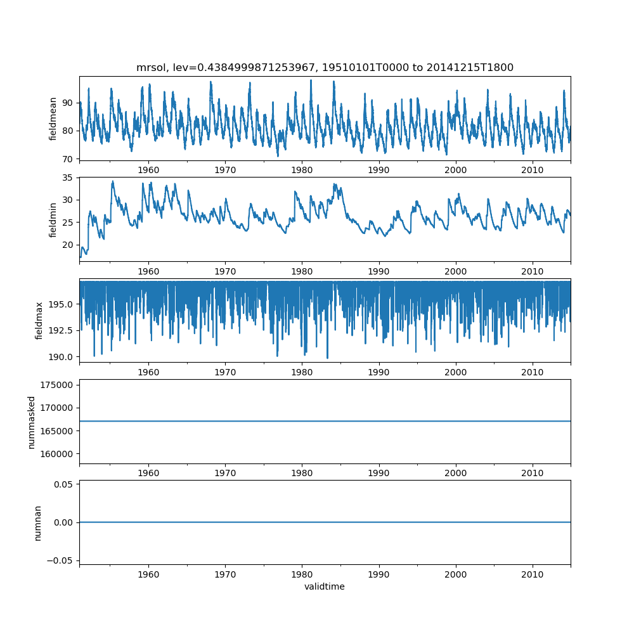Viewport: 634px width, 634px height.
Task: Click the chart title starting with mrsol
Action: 325,67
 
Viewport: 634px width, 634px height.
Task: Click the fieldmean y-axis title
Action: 53,119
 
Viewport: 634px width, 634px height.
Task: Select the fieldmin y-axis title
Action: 53,219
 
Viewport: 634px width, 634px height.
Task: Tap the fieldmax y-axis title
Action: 39,320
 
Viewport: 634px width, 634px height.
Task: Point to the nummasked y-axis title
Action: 31,422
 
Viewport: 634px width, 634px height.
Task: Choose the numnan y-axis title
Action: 38,522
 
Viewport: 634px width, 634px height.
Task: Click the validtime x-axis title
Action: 325,586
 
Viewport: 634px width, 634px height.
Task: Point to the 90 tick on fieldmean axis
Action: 68,103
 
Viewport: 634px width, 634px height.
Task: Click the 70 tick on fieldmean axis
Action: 68,158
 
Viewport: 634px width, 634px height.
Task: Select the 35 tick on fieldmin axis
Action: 68,178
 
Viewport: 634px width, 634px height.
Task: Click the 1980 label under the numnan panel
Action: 302,574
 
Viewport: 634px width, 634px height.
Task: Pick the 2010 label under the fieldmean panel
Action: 533,171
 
